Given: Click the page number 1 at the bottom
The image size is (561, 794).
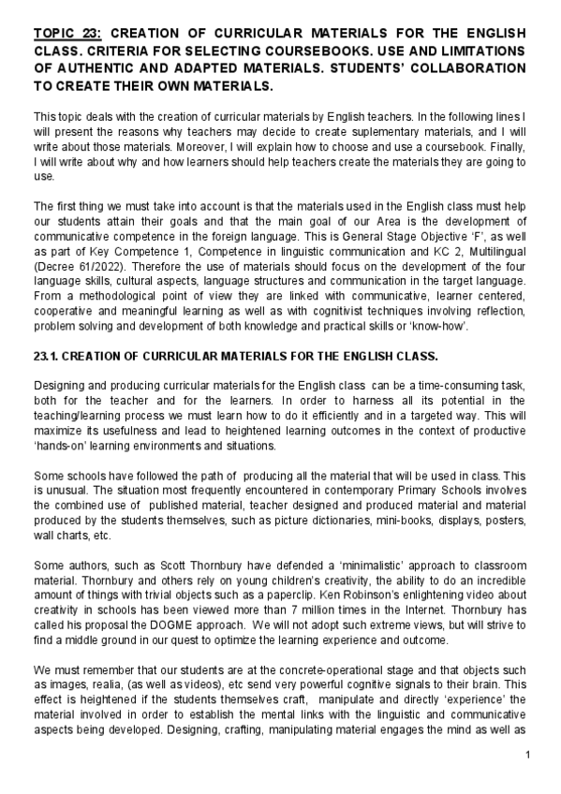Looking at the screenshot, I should click(528, 755).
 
